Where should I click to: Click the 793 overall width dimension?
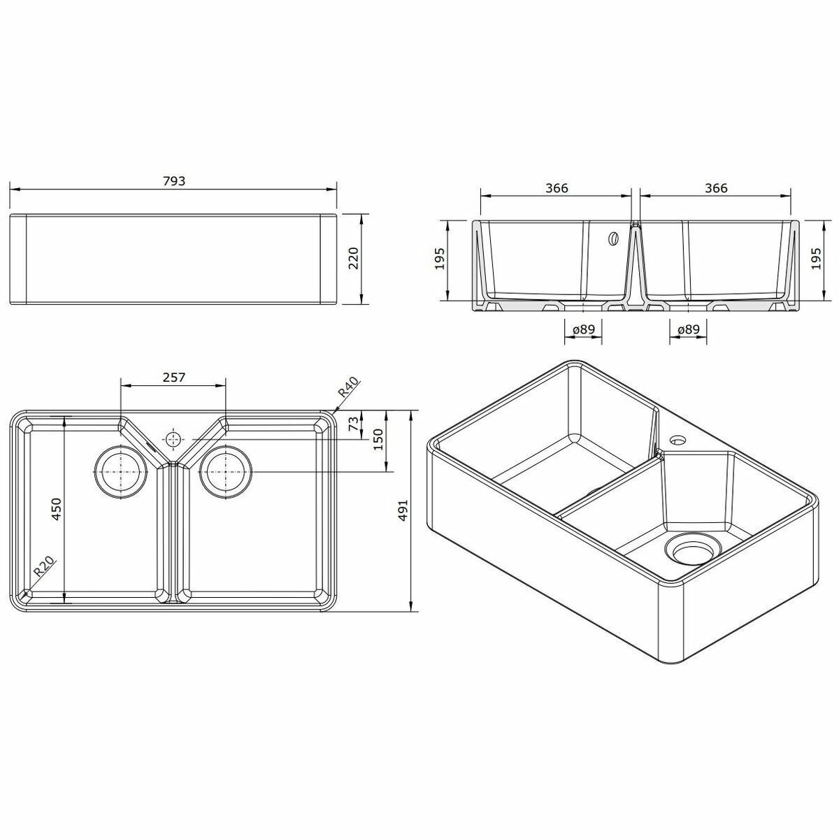tap(174, 181)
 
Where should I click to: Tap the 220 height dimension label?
tap(354, 259)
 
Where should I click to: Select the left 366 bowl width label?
tap(557, 188)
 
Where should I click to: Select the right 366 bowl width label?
tap(716, 188)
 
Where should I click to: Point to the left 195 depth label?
tap(440, 259)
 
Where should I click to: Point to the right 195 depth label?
tap(816, 259)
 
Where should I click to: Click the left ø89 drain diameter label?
tap(583, 329)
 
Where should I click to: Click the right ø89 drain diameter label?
tap(689, 329)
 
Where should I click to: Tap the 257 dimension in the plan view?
tap(173, 377)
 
